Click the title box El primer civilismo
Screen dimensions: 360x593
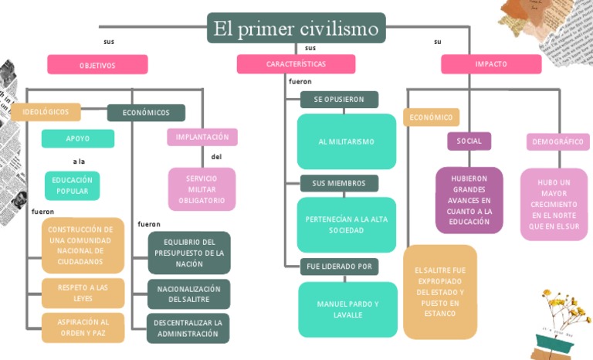pos(296,29)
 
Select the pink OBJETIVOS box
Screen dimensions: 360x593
pos(97,65)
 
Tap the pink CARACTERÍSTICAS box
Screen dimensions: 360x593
pos(296,64)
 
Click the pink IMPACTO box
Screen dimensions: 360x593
pos(491,64)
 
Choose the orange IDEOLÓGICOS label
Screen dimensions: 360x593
pos(46,112)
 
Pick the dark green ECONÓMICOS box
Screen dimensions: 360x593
pos(146,113)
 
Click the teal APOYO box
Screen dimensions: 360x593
pos(77,139)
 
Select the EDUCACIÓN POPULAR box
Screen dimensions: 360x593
pos(72,185)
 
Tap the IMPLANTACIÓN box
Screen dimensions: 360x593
pos(202,138)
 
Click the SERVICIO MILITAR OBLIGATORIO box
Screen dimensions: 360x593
pos(202,189)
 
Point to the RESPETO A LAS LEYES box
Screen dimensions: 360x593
pos(83,293)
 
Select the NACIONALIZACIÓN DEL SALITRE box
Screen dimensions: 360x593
pos(188,294)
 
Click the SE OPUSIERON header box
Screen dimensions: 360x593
pos(339,100)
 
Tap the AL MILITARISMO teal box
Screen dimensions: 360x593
pos(346,141)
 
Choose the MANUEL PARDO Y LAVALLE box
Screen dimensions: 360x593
pos(347,309)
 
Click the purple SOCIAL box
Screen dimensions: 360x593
pos(469,141)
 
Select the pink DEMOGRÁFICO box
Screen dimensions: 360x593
pos(558,142)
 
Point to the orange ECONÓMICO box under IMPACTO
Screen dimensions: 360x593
pos(431,117)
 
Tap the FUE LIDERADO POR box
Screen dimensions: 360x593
pos(339,267)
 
